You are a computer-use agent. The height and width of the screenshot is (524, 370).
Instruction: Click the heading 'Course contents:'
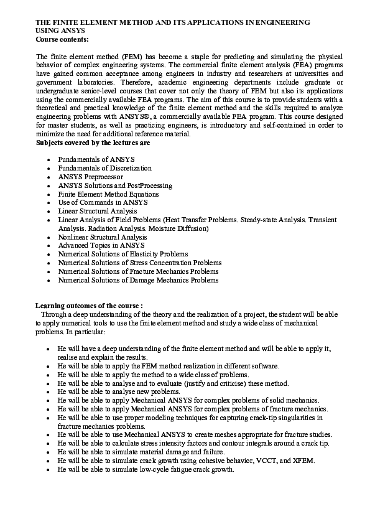tap(62, 39)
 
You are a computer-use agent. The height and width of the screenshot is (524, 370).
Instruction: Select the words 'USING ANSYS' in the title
tap(60, 30)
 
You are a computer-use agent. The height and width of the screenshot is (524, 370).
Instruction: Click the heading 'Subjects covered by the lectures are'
tap(92, 143)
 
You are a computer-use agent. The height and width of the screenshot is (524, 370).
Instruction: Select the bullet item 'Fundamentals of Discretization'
tap(104, 168)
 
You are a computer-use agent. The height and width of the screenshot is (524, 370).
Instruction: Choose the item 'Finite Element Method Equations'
tap(108, 194)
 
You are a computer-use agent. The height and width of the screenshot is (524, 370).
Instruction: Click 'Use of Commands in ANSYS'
tap(99, 203)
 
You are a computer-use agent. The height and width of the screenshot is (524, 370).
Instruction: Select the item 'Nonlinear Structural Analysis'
tap(102, 237)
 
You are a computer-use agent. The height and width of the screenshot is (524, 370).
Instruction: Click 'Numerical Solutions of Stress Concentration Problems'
tap(139, 263)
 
